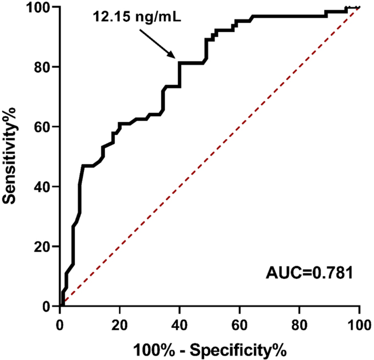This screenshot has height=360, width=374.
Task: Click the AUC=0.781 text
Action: click(x=310, y=271)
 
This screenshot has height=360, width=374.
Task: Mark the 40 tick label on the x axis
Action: click(x=180, y=322)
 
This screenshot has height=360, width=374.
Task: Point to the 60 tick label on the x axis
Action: click(x=240, y=322)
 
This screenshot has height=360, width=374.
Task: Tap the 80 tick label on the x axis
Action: click(x=300, y=322)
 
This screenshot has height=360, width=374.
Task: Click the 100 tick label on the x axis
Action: click(x=359, y=322)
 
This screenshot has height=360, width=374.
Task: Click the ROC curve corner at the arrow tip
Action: click(x=180, y=63)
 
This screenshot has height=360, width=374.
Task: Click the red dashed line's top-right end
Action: click(x=359, y=8)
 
